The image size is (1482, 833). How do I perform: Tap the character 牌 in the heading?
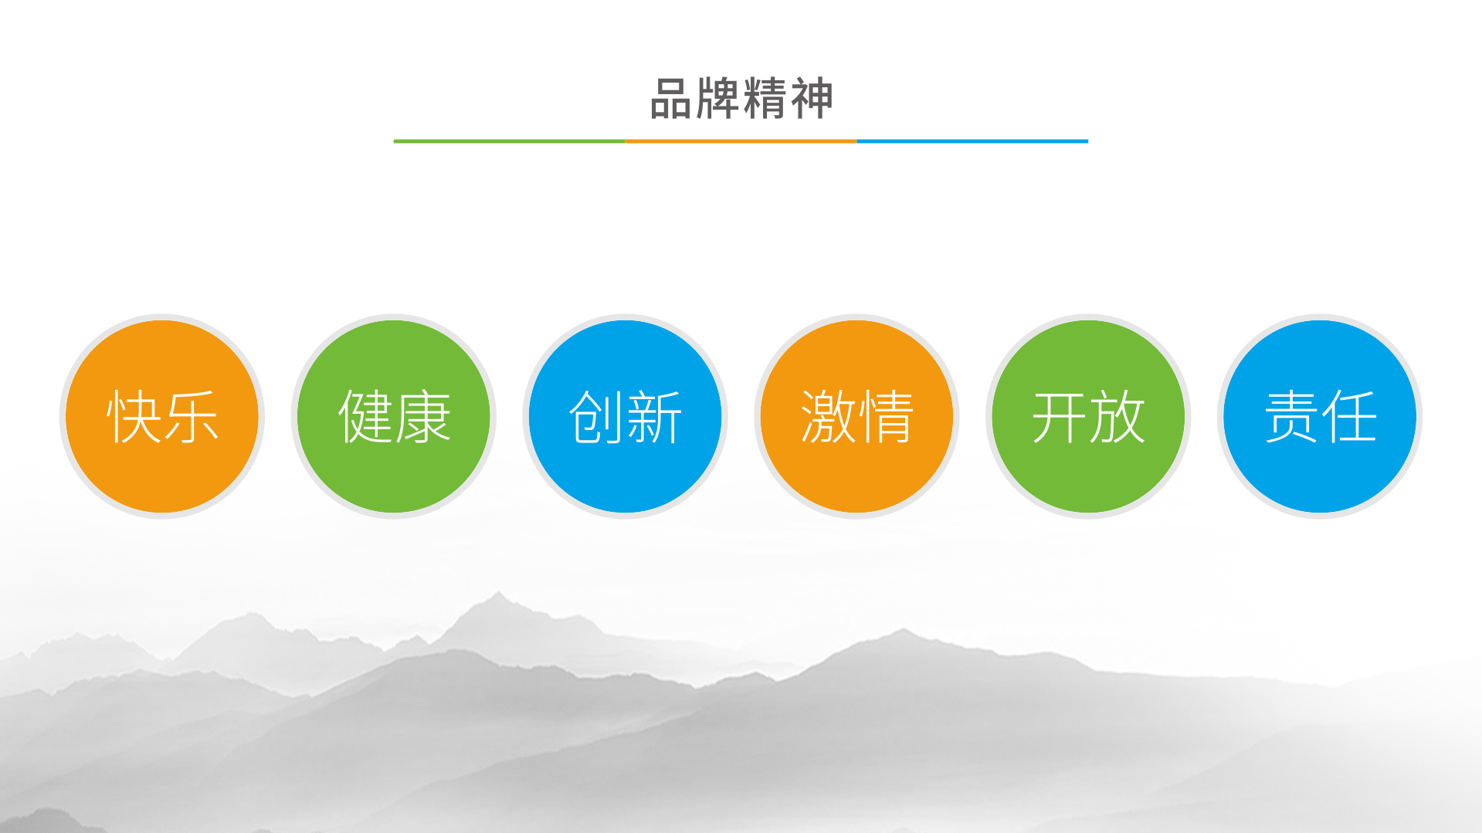(x=718, y=99)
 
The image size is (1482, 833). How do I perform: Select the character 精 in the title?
(x=765, y=99)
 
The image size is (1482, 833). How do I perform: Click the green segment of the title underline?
(x=509, y=141)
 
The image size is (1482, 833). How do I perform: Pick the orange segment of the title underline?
(x=741, y=141)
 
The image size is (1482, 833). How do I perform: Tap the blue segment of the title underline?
(x=972, y=141)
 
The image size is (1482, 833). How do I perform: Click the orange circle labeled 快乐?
(x=162, y=416)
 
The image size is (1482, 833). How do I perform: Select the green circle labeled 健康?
(x=394, y=416)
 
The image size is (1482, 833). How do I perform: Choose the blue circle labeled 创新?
(x=626, y=416)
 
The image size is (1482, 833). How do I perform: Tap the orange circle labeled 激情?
(x=856, y=416)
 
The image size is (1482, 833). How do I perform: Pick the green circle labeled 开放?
(x=1088, y=416)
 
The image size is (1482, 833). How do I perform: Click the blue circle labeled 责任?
(x=1320, y=416)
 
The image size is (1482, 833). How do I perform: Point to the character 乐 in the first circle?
(x=192, y=417)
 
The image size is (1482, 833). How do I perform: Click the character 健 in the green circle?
(x=365, y=417)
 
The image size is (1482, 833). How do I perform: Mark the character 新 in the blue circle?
(x=655, y=417)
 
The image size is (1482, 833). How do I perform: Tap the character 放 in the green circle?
(x=1117, y=417)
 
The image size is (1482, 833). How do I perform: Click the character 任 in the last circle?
(x=1349, y=417)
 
